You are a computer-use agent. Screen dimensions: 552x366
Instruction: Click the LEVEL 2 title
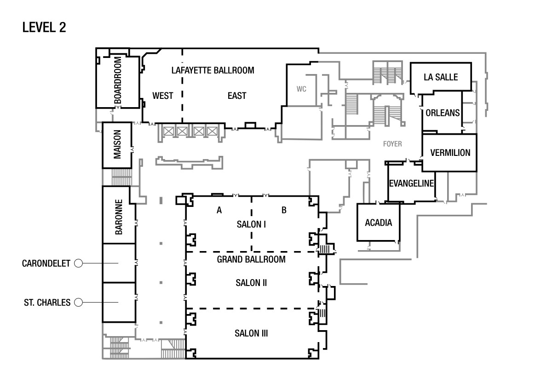click(44, 27)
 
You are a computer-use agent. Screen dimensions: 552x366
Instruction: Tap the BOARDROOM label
click(118, 80)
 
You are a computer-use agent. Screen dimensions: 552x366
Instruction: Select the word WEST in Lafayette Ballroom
click(163, 96)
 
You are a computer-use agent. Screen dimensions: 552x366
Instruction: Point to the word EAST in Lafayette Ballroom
click(237, 96)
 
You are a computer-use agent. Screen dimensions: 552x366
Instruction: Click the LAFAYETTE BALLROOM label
click(213, 70)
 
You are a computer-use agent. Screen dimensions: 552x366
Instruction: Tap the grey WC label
click(301, 89)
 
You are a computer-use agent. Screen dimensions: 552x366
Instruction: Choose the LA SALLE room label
click(441, 77)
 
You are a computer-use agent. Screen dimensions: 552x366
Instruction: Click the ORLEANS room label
click(443, 113)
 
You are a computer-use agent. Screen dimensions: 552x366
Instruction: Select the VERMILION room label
click(450, 153)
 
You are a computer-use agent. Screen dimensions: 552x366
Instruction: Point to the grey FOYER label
click(392, 144)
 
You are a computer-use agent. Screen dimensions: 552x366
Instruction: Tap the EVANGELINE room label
click(411, 183)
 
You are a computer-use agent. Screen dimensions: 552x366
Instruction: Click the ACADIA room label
click(379, 223)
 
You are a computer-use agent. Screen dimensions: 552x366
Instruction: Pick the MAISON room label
click(117, 144)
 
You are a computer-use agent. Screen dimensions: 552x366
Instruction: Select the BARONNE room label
click(119, 217)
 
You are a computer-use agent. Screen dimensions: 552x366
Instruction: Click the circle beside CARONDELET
click(78, 263)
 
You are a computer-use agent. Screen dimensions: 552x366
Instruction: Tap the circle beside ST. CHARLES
click(78, 302)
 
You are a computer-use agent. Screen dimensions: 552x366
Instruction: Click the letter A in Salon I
click(219, 210)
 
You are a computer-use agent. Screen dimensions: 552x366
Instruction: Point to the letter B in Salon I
click(284, 210)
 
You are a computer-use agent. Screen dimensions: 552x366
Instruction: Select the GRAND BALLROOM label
click(251, 259)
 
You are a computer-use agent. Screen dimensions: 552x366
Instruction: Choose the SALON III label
click(251, 333)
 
